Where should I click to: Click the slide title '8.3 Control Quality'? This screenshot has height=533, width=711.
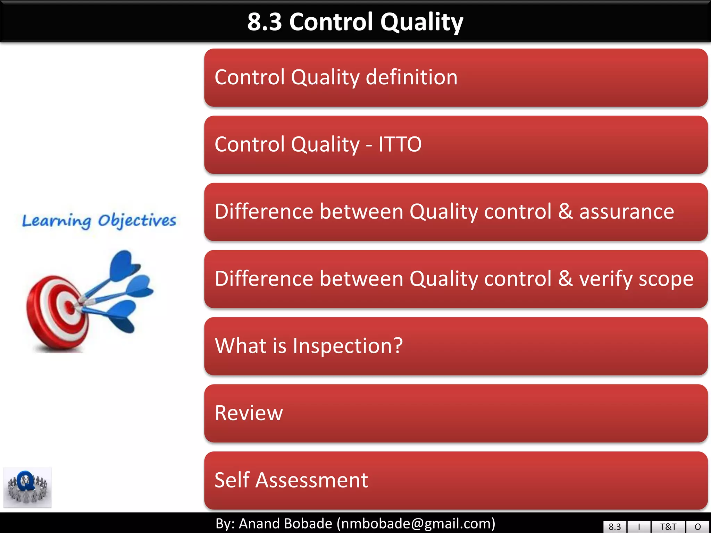point(355,22)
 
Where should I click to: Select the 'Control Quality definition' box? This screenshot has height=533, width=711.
point(455,77)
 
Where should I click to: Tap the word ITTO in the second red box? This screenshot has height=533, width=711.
point(400,144)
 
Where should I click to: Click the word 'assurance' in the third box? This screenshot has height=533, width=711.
point(627,212)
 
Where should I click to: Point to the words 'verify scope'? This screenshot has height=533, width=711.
point(636,279)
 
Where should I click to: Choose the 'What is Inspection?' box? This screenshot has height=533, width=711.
point(455,346)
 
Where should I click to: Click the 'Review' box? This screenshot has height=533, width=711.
point(455,413)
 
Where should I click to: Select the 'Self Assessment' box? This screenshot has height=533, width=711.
point(455,480)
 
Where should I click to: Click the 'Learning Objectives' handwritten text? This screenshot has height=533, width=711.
point(99,221)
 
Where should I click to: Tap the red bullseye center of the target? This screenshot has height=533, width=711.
point(70,307)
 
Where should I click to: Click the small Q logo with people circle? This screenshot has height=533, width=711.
point(27,487)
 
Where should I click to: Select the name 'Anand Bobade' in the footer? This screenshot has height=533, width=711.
point(285,523)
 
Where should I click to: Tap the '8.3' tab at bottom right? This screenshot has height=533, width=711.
point(614,527)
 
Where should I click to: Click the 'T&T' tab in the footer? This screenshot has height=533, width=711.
point(668,527)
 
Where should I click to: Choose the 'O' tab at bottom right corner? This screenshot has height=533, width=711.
point(698,527)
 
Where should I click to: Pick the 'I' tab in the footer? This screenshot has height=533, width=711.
point(639,527)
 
